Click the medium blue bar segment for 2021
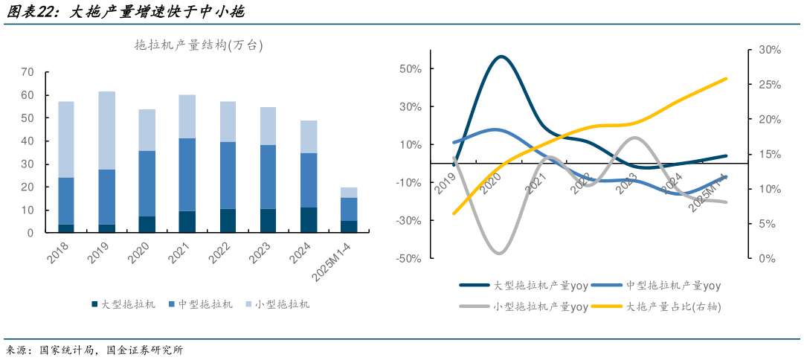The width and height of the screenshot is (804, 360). pyautogui.click(x=187, y=174)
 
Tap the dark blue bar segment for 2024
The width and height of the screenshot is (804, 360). pyautogui.click(x=309, y=219)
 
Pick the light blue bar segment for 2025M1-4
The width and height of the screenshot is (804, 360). pyautogui.click(x=349, y=192)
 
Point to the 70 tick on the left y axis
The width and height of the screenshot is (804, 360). pyautogui.click(x=28, y=72)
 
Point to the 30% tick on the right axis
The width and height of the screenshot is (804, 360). pyautogui.click(x=769, y=50)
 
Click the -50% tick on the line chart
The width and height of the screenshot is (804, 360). pyautogui.click(x=409, y=259)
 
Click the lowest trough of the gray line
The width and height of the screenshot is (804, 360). pyautogui.click(x=499, y=253)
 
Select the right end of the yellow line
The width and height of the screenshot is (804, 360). pyautogui.click(x=726, y=78)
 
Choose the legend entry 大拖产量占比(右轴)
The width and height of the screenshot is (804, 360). pyautogui.click(x=673, y=306)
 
